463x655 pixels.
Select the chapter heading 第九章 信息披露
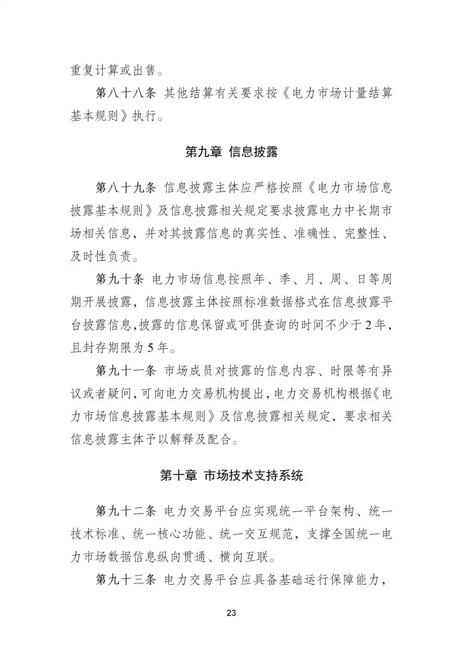pos(231,152)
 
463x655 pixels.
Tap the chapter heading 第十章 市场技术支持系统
pos(231,475)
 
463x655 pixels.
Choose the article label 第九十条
pos(120,279)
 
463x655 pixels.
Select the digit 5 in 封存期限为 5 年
pos(150,348)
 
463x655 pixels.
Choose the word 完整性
pos(363,234)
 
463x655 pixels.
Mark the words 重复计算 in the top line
pos(95,70)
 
